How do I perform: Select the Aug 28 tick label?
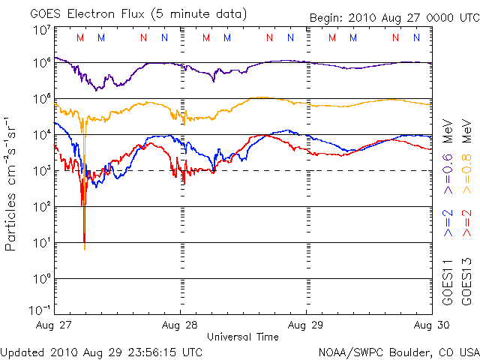coord(180,325)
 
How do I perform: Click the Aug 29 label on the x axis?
coord(306,325)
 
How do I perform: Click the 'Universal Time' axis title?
coord(243,337)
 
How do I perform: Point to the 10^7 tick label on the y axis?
coord(41,29)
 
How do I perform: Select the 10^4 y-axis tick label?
coord(41,135)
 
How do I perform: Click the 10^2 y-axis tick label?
coord(41,207)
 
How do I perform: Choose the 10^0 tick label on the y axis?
coord(41,279)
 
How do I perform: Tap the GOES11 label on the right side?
coord(447,282)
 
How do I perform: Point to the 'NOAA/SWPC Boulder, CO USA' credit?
coord(398,351)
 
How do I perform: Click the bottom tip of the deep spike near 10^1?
coord(84,249)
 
